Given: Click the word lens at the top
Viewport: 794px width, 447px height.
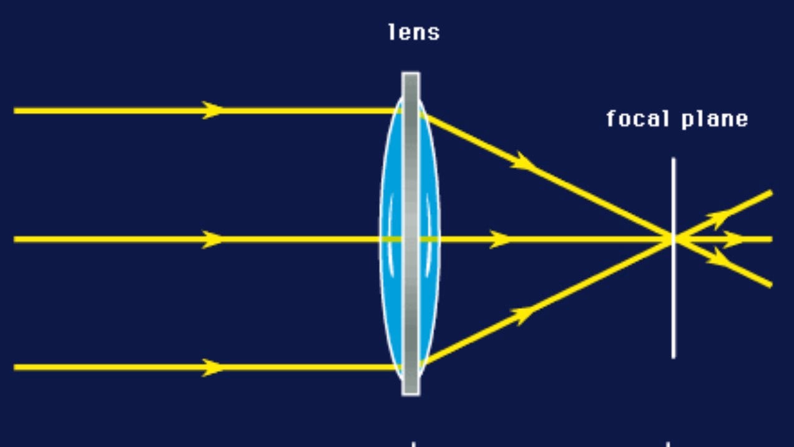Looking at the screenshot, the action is click(x=414, y=32).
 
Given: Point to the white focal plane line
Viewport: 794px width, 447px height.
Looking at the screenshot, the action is click(x=673, y=300).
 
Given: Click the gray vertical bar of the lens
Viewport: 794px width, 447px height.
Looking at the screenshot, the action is click(x=410, y=187).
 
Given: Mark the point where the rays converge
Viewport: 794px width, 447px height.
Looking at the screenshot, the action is click(x=673, y=239).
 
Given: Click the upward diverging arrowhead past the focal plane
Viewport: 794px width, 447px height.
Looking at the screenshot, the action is click(x=722, y=218).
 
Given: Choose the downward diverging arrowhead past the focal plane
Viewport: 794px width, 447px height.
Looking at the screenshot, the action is click(x=722, y=259).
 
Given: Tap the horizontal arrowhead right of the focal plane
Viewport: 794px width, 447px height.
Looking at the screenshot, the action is click(x=735, y=239).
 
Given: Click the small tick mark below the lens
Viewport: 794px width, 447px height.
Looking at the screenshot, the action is click(x=413, y=444).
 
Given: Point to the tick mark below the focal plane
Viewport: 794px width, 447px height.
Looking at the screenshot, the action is click(x=668, y=444).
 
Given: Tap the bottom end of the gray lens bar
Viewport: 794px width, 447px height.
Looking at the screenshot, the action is click(x=410, y=391).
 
